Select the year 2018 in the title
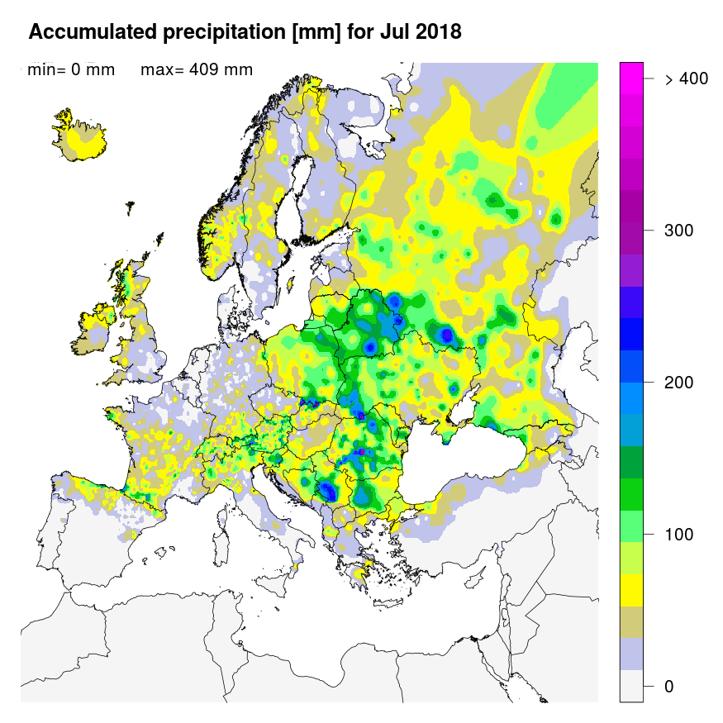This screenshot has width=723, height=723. click(435, 32)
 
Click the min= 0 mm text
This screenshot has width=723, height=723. click(71, 69)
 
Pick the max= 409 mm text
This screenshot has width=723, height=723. click(197, 69)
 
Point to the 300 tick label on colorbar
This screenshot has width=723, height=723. click(678, 230)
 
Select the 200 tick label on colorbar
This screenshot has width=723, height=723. click(678, 383)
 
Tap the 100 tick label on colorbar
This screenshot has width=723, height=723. click(678, 535)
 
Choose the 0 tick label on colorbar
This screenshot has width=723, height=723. click(668, 687)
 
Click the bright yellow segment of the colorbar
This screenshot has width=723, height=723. click(631, 590)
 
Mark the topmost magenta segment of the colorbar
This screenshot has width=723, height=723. click(631, 72)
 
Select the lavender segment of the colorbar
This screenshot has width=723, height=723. click(631, 653)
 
